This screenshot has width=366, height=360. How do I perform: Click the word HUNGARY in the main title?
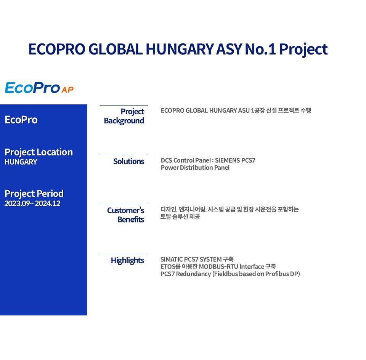[x=180, y=49]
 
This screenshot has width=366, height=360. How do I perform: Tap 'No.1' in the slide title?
[x=260, y=49]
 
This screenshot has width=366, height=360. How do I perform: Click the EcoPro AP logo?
[x=39, y=88]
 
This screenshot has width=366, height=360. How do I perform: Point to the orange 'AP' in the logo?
[x=67, y=90]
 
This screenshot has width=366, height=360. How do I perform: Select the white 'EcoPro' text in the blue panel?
[x=21, y=120]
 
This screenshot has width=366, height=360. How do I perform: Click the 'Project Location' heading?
[x=39, y=152]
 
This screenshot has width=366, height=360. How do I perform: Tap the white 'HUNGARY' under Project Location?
[x=21, y=162]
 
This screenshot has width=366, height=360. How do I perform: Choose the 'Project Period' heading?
[x=34, y=194]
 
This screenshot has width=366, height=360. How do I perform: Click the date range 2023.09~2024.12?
[x=32, y=203]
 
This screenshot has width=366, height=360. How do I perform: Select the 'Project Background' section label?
[x=124, y=116]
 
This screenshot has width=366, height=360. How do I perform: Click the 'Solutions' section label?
[x=128, y=162]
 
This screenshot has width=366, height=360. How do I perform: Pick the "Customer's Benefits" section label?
[x=125, y=215]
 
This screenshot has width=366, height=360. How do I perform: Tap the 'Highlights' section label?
[x=127, y=261]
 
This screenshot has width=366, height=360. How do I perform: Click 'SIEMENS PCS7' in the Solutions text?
[x=235, y=160]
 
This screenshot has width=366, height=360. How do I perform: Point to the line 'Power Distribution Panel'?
[x=195, y=168]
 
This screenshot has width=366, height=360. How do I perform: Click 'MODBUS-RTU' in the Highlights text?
[x=218, y=267]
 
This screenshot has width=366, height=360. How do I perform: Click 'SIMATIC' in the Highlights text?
[x=172, y=259]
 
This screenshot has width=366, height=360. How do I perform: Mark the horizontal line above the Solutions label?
[x=124, y=154]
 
